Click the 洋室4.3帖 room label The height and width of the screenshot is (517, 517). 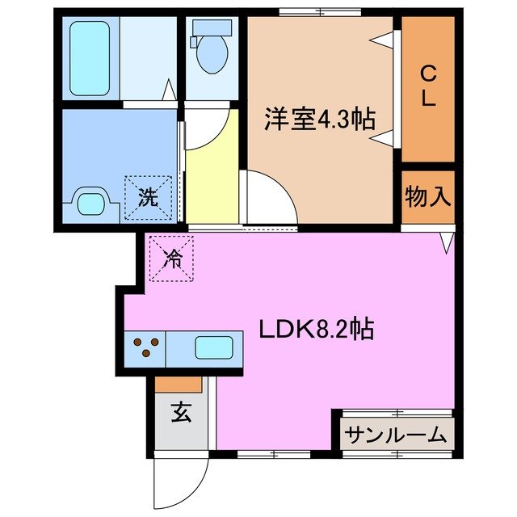(x=318, y=120)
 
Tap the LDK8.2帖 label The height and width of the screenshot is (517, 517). (x=316, y=329)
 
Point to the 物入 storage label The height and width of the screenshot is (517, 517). (x=427, y=196)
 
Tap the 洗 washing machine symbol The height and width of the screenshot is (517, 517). (x=148, y=196)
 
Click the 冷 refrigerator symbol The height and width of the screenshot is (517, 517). (x=171, y=258)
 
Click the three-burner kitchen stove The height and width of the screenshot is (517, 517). (x=145, y=348)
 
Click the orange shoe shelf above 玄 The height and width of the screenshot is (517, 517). (x=179, y=385)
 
